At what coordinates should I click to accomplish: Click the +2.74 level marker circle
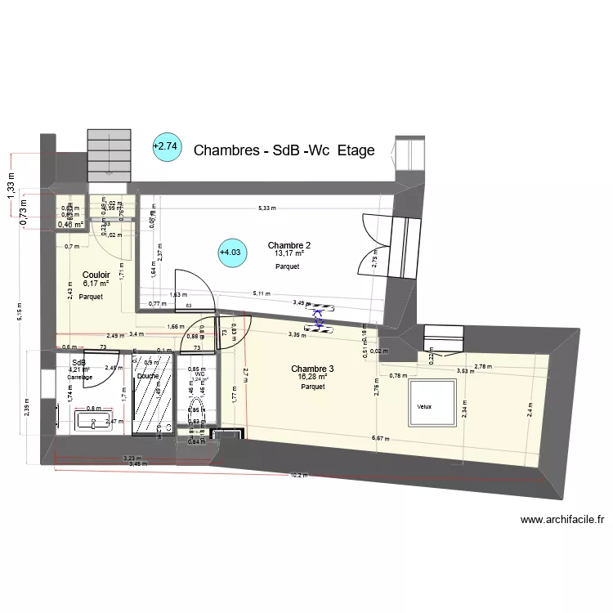point(165,147)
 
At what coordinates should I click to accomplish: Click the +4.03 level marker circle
point(231,253)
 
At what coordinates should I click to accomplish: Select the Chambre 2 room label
point(289,245)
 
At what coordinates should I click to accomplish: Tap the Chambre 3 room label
point(312,369)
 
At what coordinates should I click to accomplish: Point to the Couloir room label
point(96,275)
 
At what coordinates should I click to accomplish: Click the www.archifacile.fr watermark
point(562,519)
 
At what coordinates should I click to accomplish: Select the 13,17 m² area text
point(289,254)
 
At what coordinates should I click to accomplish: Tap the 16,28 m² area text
point(313,378)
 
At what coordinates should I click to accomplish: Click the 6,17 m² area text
point(96,284)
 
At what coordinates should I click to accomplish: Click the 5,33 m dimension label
point(266,208)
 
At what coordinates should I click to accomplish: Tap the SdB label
point(78,363)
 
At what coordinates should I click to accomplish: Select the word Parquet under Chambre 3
point(313,387)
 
